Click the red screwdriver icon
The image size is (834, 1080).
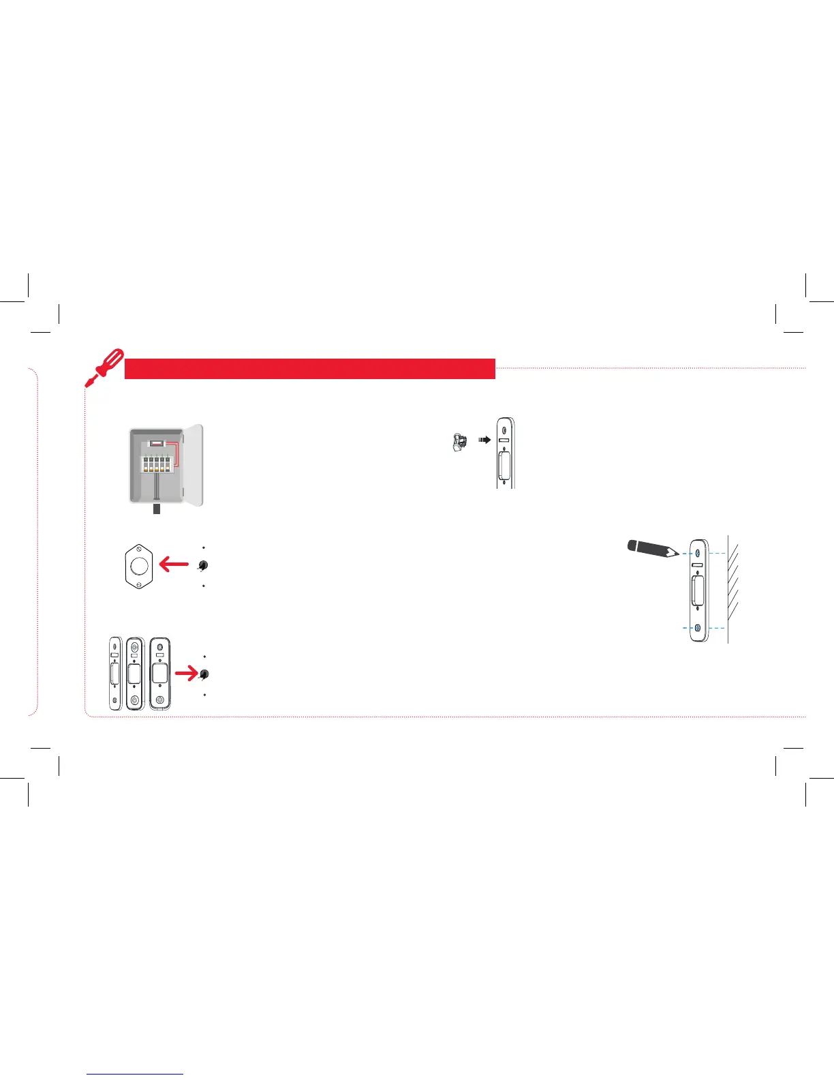tap(103, 367)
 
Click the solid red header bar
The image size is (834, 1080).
tap(309, 369)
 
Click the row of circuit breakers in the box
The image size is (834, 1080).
tap(155, 464)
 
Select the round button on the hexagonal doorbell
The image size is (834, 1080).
tap(140, 565)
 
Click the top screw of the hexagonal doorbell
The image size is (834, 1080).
tap(139, 547)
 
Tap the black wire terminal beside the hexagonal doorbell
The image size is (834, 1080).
tap(203, 566)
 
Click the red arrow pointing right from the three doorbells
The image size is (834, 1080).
tap(185, 674)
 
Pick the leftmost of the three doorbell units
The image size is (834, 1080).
tap(114, 674)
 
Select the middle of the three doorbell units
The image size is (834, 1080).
tap(134, 674)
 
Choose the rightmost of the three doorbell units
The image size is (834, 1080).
tap(159, 674)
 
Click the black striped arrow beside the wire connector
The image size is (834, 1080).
tap(484, 440)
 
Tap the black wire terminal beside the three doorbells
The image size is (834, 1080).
tap(203, 674)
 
